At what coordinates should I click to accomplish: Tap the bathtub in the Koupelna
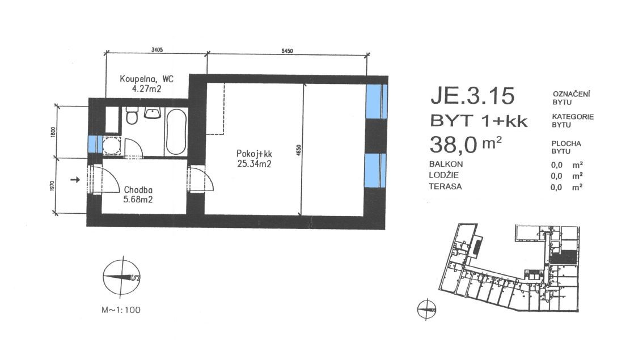point(176,131)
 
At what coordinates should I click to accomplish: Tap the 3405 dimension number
point(157,50)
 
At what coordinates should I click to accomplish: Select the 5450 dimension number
point(287,50)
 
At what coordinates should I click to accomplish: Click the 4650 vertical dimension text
point(298,151)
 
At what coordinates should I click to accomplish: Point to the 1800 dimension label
point(53,132)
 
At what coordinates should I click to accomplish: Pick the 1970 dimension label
point(53,186)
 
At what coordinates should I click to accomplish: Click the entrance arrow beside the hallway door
point(75,180)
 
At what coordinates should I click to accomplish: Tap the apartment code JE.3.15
point(472,96)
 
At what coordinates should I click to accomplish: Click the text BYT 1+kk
point(479,121)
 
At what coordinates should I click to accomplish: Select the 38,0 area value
point(453,145)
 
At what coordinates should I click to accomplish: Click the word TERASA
point(445,187)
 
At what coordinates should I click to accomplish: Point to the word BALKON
point(446,164)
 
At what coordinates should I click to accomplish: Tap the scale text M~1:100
point(121,310)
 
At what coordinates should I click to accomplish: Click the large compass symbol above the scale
point(121,277)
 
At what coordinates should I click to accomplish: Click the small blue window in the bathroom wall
point(92,144)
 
